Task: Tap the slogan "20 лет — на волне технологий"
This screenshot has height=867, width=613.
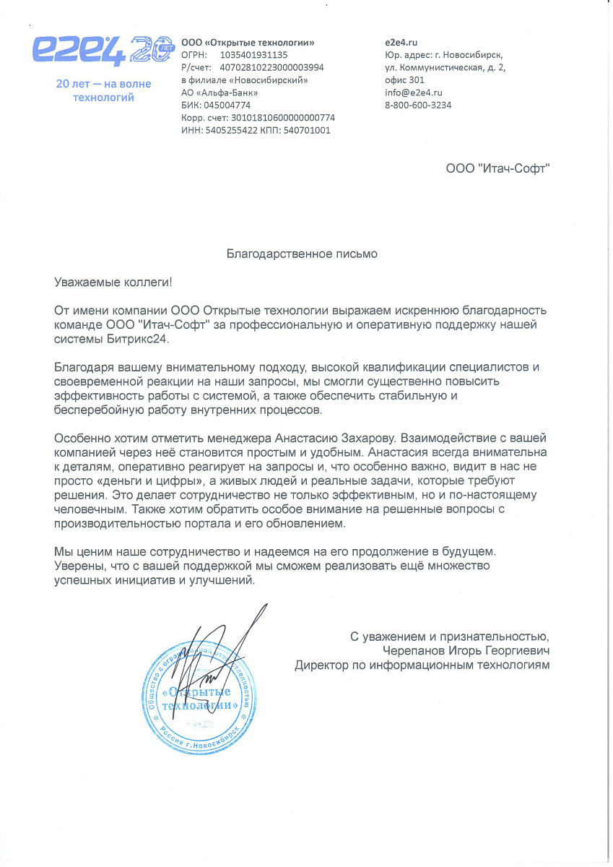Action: pos(104,90)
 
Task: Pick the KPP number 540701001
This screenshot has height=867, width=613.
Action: pos(308,130)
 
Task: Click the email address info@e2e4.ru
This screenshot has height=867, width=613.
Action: pos(414,92)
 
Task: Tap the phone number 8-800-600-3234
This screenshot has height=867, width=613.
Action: pos(418,105)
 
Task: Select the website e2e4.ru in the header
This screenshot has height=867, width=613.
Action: pos(403,43)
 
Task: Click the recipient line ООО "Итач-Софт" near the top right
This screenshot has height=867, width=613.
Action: pos(498,168)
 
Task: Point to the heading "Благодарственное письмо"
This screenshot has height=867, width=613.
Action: pos(302,254)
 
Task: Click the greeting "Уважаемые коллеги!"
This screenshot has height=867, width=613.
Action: pos(114,281)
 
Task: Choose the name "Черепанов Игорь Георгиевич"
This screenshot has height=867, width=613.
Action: pos(466,650)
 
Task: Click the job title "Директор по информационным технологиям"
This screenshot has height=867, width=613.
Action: pos(422,665)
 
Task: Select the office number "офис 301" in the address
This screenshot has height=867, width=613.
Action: pos(405,80)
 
